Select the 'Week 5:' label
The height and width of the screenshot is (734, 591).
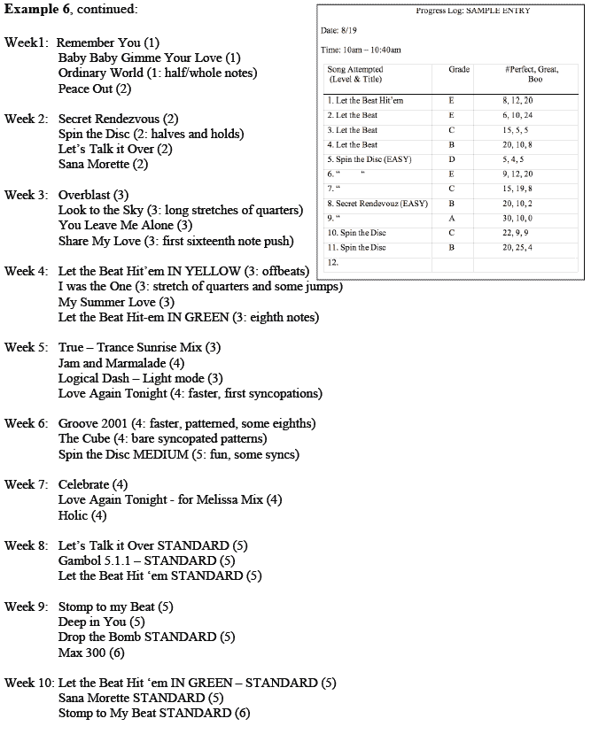(x=27, y=347)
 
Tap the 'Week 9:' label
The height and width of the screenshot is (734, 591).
(x=27, y=607)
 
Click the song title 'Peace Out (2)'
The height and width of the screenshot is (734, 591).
(x=95, y=89)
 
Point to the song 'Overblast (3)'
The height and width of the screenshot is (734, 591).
(x=93, y=195)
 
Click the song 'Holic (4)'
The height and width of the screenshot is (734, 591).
(x=82, y=515)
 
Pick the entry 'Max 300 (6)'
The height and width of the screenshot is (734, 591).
(x=91, y=653)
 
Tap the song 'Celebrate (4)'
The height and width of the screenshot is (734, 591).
(x=93, y=484)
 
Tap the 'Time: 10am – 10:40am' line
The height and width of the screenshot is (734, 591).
(x=361, y=50)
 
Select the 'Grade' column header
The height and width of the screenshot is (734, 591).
(x=459, y=69)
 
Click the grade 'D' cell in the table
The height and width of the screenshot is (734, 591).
(x=452, y=159)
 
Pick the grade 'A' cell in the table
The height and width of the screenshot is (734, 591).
(x=452, y=218)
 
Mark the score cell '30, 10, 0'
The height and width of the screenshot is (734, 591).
(x=517, y=218)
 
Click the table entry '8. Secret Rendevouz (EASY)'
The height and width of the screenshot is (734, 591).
(x=377, y=204)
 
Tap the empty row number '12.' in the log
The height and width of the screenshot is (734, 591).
(x=332, y=262)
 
